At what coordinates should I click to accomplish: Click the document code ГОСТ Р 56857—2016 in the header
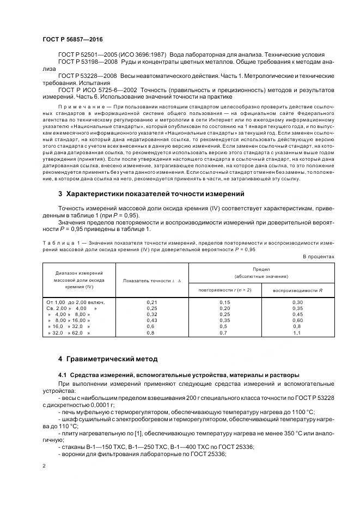[x=72, y=40]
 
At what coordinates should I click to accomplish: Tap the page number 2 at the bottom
[x=44, y=466]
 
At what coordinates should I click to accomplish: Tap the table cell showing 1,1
[x=297, y=332]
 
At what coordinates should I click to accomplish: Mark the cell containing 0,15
[x=224, y=302]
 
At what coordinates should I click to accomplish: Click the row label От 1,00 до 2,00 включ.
[x=75, y=302]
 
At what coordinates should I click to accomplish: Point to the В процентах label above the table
[x=319, y=256]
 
